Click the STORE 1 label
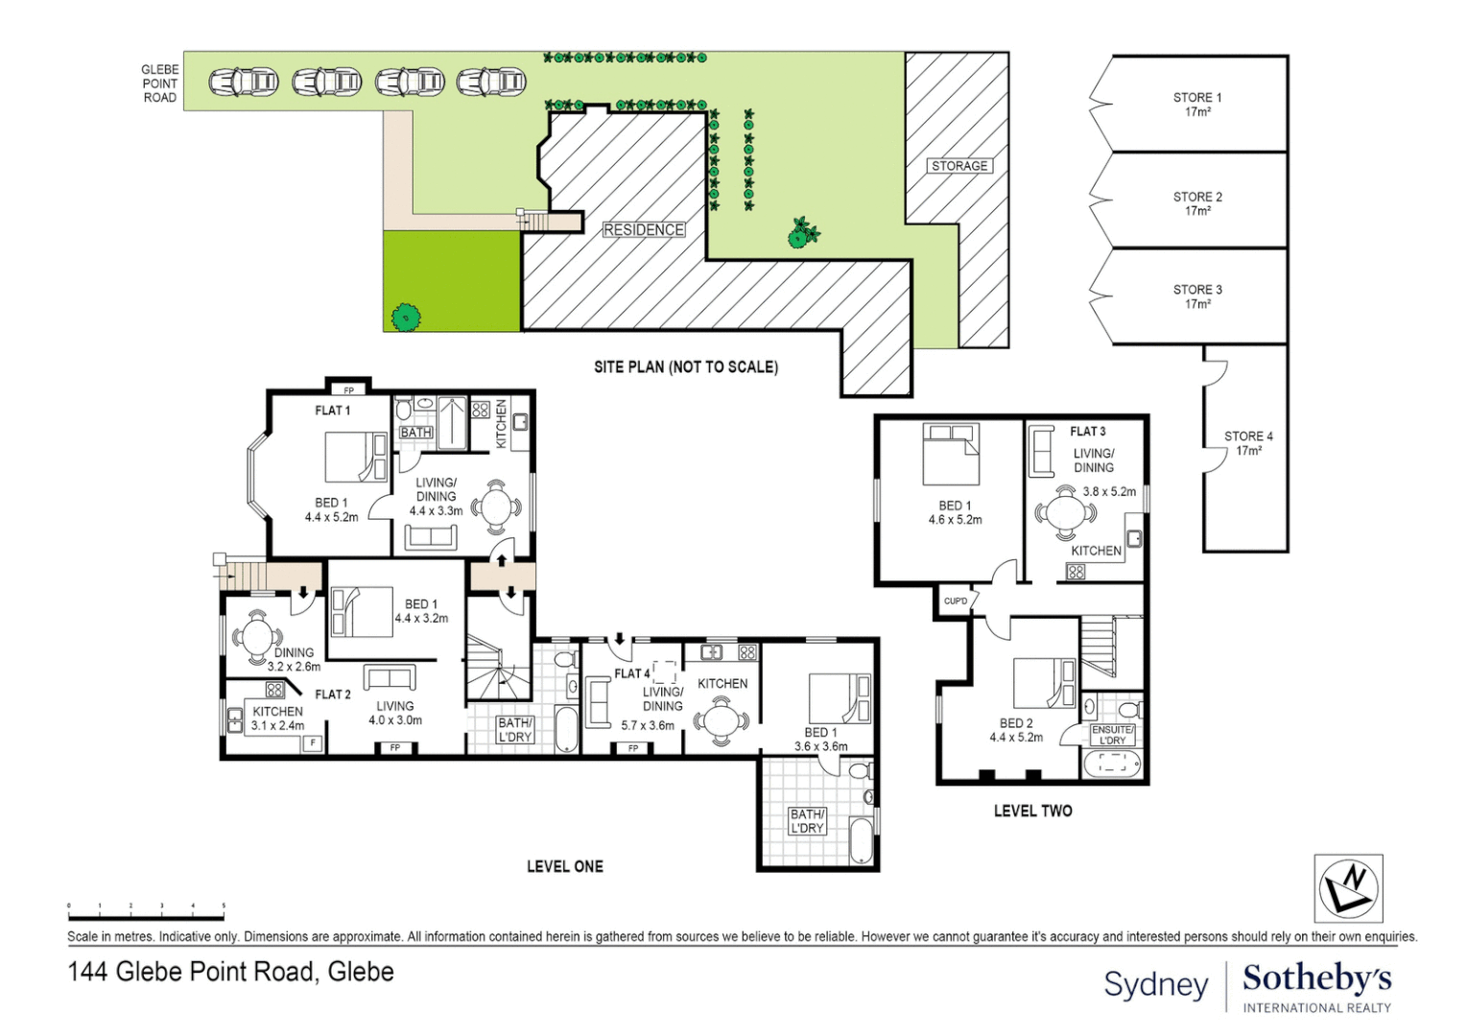(x=1196, y=98)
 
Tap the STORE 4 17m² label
(x=1247, y=443)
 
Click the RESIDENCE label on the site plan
(x=643, y=230)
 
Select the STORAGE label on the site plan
(x=958, y=166)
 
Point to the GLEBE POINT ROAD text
(x=159, y=83)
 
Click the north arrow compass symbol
(x=1348, y=888)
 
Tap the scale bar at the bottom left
(x=146, y=906)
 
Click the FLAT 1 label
(x=332, y=411)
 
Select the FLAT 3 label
(x=1087, y=432)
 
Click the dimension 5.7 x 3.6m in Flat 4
(x=648, y=726)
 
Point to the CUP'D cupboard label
(x=956, y=601)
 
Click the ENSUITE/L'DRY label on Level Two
(x=1112, y=735)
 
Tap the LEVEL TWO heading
(x=1032, y=812)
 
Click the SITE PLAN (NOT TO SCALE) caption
(x=685, y=367)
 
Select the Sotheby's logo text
(x=1315, y=979)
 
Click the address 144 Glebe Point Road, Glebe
(x=230, y=972)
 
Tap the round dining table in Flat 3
(x=1066, y=512)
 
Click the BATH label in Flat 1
(x=415, y=433)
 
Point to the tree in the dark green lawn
(x=406, y=317)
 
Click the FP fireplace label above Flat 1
(x=348, y=390)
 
